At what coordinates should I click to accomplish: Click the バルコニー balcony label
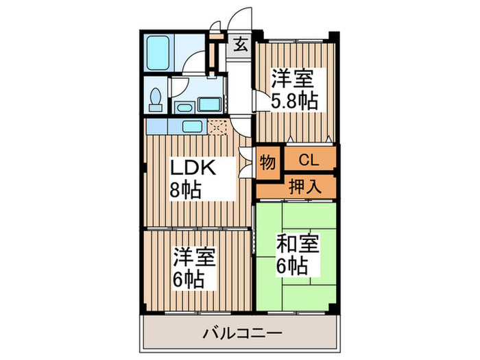242,333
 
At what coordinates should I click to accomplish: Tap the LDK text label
193,167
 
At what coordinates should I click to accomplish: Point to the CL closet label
309,160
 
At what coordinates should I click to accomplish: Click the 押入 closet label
305,186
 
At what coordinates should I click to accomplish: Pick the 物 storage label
267,163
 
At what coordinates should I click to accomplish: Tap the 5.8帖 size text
294,100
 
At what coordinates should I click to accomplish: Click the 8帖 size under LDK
186,190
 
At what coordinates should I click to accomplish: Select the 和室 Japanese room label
298,243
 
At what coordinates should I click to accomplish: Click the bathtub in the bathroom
158,53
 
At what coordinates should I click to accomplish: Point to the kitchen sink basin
192,126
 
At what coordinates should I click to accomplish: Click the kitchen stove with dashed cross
217,127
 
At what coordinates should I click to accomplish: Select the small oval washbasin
184,108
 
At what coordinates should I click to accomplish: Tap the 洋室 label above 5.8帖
293,78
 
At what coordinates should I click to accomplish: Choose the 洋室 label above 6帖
195,256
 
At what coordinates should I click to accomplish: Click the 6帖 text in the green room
292,266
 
